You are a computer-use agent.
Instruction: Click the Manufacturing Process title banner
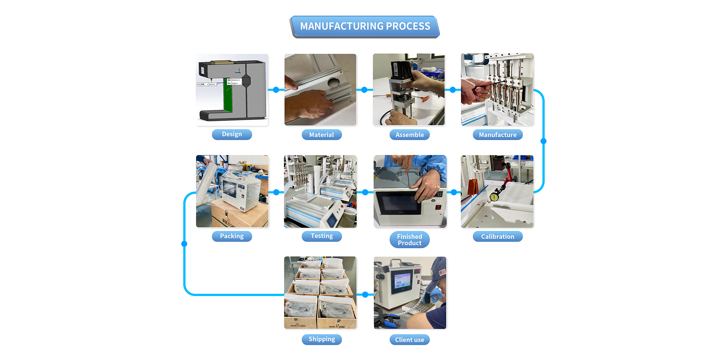(x=365, y=26)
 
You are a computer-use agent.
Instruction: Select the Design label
(x=232, y=134)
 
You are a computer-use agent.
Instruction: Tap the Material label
(x=322, y=135)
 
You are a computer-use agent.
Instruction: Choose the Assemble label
(x=409, y=135)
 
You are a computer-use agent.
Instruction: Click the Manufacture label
(x=497, y=135)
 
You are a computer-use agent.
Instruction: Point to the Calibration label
(x=497, y=236)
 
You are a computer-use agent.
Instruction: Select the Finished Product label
(x=409, y=239)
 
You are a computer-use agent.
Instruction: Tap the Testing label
(x=322, y=236)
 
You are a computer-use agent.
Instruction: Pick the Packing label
(x=232, y=236)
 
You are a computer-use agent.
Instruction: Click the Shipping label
(x=322, y=339)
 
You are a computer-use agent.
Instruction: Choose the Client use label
(x=409, y=340)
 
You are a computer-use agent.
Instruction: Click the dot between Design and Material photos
(x=276, y=90)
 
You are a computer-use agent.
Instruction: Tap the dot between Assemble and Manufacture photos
(x=452, y=90)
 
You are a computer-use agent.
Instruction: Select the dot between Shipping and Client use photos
(x=365, y=294)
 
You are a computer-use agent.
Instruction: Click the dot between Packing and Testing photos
(x=276, y=192)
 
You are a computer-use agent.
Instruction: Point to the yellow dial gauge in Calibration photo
(x=494, y=197)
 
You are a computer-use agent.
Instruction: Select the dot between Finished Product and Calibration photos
(x=454, y=192)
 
